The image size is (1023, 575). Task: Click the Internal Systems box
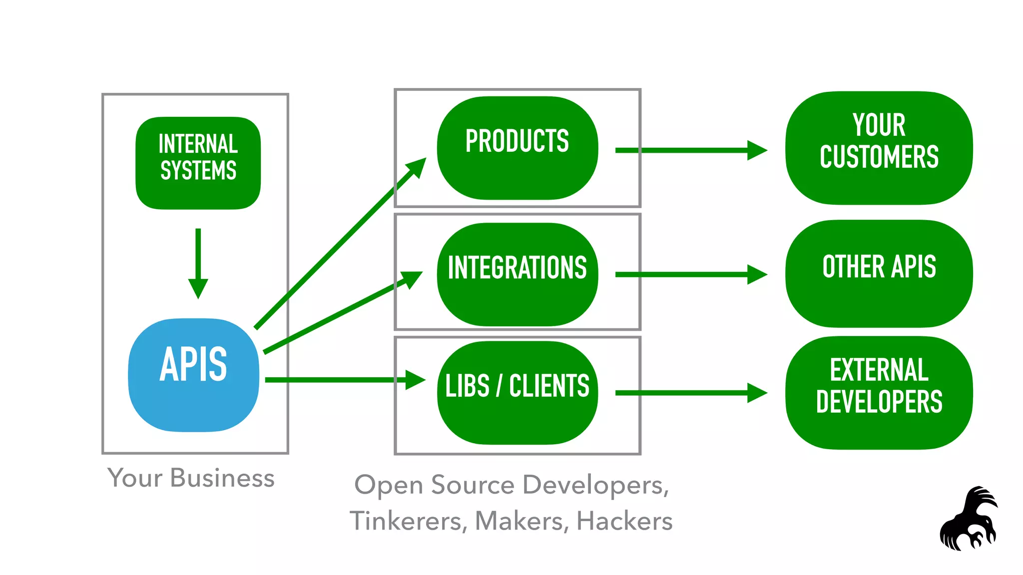pos(198,163)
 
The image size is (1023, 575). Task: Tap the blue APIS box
pos(194,374)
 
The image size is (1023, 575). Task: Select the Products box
pos(517,148)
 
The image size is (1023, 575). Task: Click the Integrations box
pos(517,274)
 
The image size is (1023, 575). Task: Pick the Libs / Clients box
pos(517,392)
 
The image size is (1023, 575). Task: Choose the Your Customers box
pos(879,148)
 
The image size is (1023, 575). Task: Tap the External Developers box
pos(879,392)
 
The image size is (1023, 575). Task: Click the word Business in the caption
pos(222,478)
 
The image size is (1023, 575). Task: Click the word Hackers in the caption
pos(624,521)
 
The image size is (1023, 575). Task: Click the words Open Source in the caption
pos(434,485)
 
